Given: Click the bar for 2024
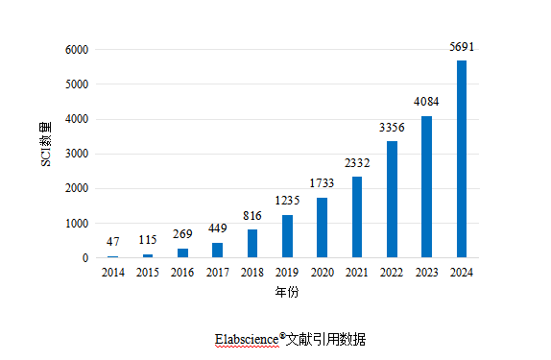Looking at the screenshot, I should click(x=462, y=159).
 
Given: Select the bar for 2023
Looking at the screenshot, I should click(x=427, y=187).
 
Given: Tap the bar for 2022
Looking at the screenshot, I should click(x=392, y=200).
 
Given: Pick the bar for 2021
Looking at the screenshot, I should click(x=357, y=217).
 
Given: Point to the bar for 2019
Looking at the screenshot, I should click(x=287, y=236).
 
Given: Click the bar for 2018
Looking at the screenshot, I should click(x=252, y=244).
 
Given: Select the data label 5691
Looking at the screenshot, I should click(x=462, y=46).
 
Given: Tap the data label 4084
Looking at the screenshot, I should click(x=427, y=102).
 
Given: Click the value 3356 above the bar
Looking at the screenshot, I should click(x=392, y=128).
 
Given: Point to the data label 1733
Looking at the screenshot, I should click(x=323, y=183).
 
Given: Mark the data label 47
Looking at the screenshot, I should click(x=113, y=242).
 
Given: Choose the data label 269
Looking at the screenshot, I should click(x=182, y=234).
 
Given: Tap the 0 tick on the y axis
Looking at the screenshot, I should click(x=85, y=258).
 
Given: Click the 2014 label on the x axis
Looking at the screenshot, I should click(x=113, y=273).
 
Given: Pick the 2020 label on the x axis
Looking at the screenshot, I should click(x=323, y=273).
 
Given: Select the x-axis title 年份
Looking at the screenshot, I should click(x=286, y=291).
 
